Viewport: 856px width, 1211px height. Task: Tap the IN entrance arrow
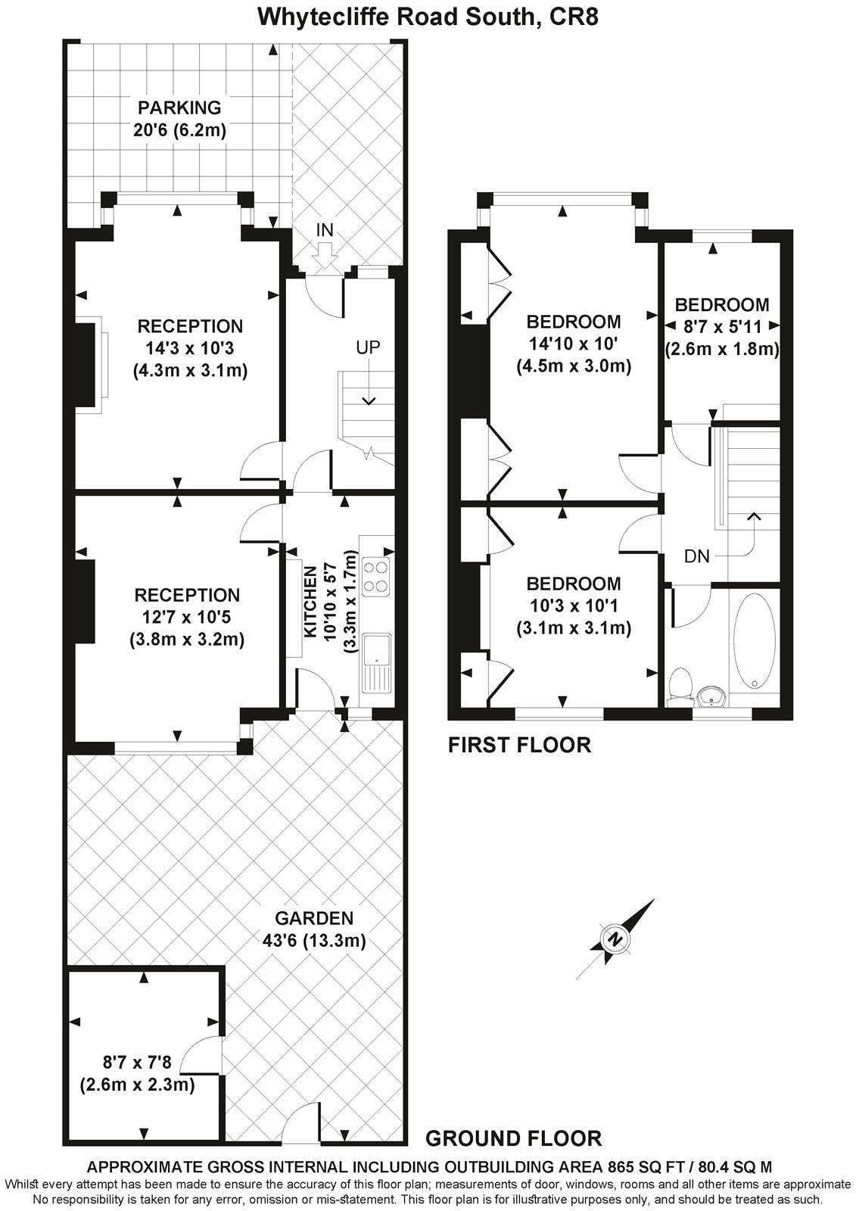click(325, 259)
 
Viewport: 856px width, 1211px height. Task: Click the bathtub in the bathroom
click(754, 640)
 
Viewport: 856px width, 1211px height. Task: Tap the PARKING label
click(179, 108)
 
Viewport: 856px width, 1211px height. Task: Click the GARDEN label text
click(314, 919)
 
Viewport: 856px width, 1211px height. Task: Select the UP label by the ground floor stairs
click(369, 348)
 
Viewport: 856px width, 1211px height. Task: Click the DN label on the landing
click(696, 557)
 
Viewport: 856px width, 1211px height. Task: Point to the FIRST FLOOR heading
click(518, 746)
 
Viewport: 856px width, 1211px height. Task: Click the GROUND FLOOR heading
click(514, 1138)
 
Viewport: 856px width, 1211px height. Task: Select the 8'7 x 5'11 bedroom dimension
click(722, 327)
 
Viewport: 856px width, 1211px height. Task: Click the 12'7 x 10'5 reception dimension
click(186, 618)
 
